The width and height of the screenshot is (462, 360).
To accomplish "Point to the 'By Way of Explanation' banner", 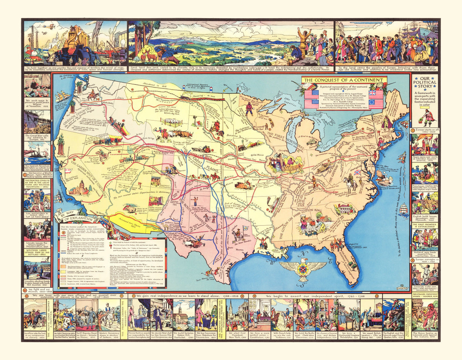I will tap(75, 217).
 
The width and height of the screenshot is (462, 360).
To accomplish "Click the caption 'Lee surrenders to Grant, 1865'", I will tap(37, 214).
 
